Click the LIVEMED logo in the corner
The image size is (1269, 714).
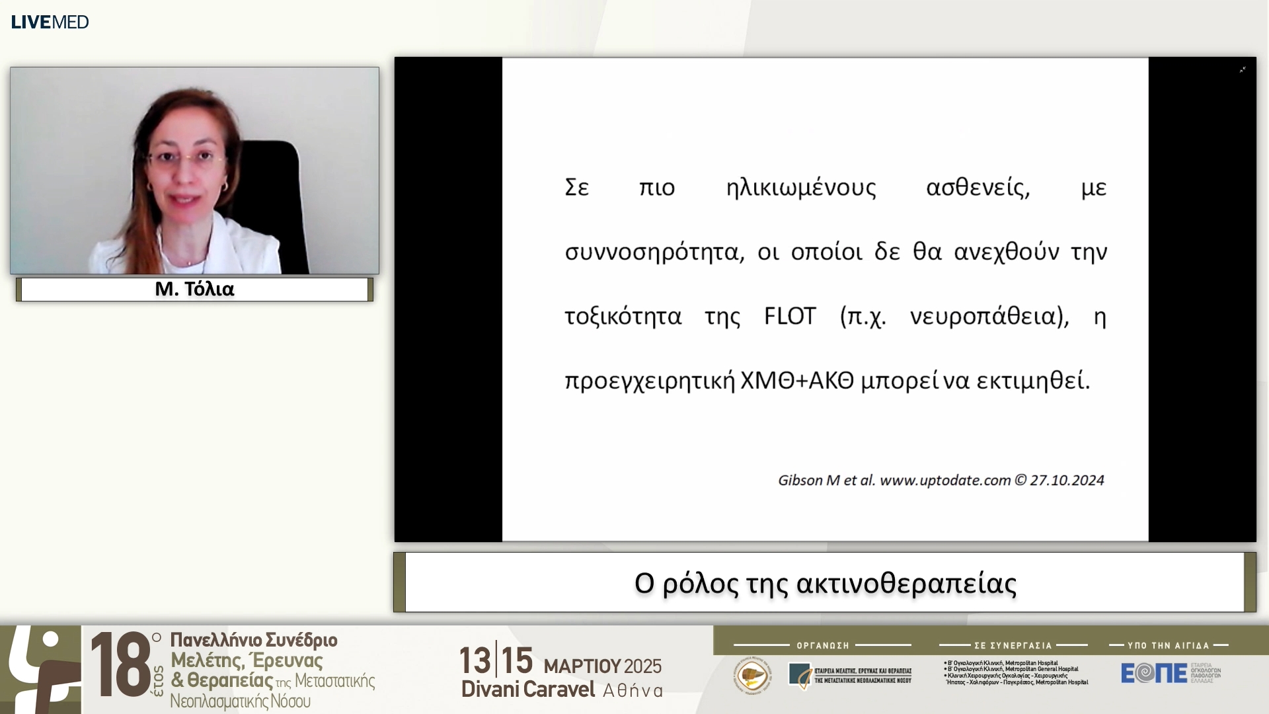coord(50,22)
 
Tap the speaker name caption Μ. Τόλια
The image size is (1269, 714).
coord(194,289)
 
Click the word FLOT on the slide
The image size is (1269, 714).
coord(790,316)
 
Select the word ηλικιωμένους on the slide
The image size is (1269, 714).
coord(801,188)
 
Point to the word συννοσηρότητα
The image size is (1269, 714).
coord(654,252)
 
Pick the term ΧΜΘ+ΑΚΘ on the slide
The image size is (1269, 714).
coord(797,381)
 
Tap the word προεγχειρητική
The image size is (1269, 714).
coord(649,381)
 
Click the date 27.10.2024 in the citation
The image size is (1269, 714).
coord(1067,480)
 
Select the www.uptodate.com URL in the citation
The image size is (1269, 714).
coord(945,480)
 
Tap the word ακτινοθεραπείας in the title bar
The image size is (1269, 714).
coord(906,583)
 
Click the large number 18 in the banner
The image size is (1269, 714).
coord(121,665)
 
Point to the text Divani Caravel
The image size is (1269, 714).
coord(528,689)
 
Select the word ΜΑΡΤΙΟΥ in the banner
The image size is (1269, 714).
coord(582,666)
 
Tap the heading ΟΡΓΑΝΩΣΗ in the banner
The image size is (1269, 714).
coord(823,645)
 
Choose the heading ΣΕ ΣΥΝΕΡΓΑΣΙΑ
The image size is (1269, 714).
coord(1013,645)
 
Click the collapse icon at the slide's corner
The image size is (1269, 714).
coord(1243,69)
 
